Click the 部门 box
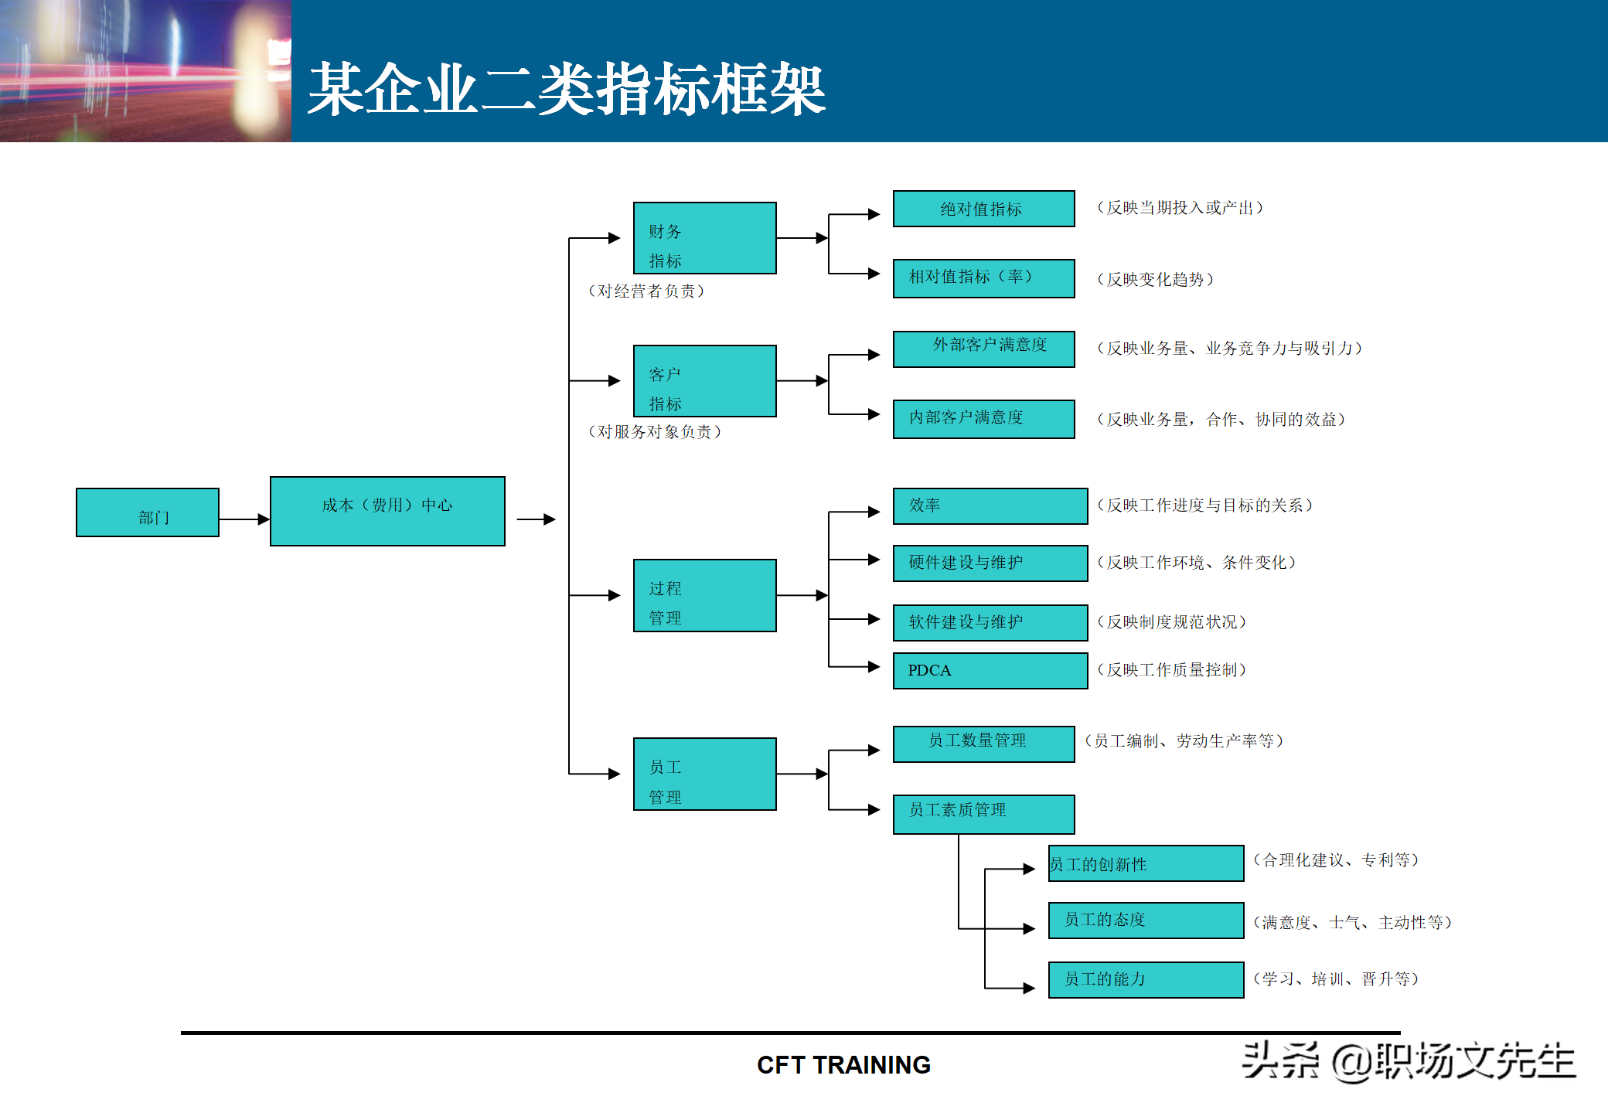148,512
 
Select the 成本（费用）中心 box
387,512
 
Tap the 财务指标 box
704,238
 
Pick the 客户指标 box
704,381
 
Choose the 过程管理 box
704,595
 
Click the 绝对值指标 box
983,209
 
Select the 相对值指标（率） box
983,278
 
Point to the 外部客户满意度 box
983,349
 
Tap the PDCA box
990,670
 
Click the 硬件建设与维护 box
990,563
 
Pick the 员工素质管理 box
983,814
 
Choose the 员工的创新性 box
1146,863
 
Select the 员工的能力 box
1146,979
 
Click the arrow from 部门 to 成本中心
244,519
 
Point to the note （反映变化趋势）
1155,280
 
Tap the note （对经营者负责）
646,291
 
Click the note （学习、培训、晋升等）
1335,979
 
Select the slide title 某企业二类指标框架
567,90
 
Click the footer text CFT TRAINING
843,1065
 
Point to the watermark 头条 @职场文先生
1408,1061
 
